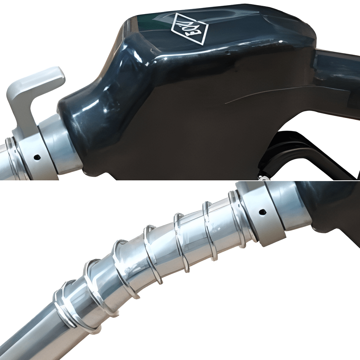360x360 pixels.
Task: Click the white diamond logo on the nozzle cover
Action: [189, 28]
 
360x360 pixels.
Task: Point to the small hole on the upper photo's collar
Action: [37, 157]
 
